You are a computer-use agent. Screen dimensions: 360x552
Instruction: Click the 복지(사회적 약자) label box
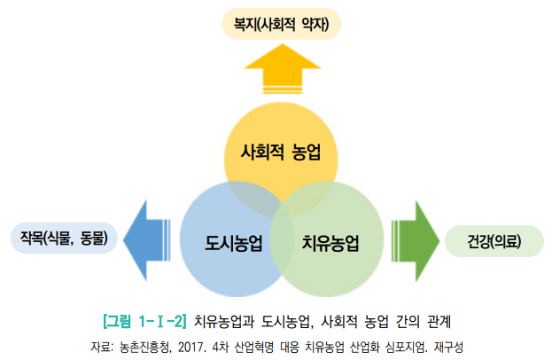point(282,25)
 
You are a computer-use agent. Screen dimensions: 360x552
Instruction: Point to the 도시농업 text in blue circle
point(234,242)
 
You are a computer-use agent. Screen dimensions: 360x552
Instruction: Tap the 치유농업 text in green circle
point(330,242)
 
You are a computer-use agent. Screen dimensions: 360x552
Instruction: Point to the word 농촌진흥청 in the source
point(144,345)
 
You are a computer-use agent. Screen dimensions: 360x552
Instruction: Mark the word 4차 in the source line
point(223,345)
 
